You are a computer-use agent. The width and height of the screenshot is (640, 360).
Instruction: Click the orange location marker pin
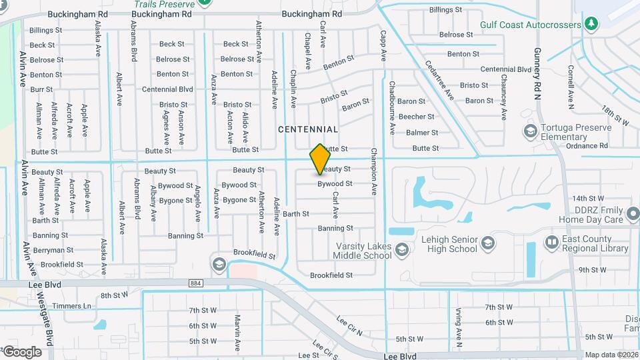[x=321, y=159]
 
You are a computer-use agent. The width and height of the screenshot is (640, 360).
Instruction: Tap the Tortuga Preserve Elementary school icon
[x=531, y=130]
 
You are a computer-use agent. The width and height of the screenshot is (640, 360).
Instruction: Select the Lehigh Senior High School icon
[x=488, y=242]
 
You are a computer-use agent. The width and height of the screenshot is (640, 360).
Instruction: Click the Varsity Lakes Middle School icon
[x=401, y=250]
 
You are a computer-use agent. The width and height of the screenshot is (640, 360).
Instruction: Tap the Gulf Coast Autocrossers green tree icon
[x=591, y=24]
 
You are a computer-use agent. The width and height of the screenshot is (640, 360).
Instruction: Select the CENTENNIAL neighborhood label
[x=308, y=129]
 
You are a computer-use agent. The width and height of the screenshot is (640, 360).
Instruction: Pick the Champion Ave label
[x=374, y=171]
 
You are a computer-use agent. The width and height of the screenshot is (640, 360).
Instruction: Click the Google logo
[x=22, y=351]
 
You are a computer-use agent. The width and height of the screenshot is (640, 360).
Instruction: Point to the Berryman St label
[x=53, y=250]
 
